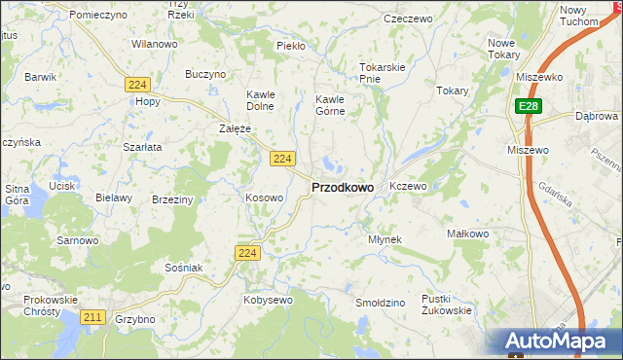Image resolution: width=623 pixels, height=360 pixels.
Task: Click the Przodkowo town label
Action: (342, 188)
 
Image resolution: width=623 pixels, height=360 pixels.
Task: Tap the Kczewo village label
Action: (408, 185)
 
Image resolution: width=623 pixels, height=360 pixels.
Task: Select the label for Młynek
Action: (385, 238)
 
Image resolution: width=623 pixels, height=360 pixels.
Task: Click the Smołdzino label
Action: (380, 303)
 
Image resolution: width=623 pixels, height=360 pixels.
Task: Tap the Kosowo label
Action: (264, 198)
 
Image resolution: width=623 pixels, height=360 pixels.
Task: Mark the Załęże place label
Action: (235, 127)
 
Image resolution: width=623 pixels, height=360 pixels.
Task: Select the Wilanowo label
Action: (154, 44)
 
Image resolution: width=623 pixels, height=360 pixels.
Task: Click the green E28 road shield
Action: (527, 106)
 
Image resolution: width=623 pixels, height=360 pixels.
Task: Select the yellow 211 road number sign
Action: (93, 317)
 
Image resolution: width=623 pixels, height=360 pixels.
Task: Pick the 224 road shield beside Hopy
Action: (135, 85)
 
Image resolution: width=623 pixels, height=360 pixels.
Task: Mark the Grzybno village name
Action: (134, 318)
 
